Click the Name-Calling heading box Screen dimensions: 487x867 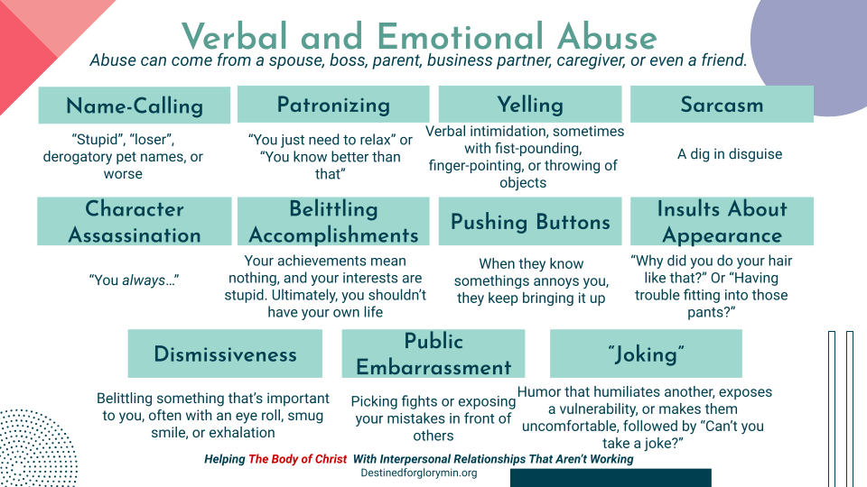pyautogui.click(x=134, y=106)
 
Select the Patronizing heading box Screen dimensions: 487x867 pyautogui.click(x=333, y=105)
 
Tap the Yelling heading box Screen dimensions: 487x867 pyautogui.click(x=529, y=105)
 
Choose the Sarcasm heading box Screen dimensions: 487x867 pyautogui.click(x=722, y=105)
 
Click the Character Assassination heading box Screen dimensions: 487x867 pyautogui.click(x=134, y=222)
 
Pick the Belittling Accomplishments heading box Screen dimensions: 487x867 pyautogui.click(x=333, y=222)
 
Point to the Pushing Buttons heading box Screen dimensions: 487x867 pyautogui.click(x=529, y=222)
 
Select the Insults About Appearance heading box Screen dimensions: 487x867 pyautogui.click(x=722, y=222)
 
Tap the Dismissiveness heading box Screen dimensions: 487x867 pyautogui.click(x=225, y=354)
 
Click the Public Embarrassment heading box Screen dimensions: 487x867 pyautogui.click(x=433, y=354)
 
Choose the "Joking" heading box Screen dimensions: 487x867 pyautogui.click(x=646, y=354)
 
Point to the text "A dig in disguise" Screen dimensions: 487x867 pyautogui.click(x=730, y=154)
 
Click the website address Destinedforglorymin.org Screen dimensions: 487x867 pyautogui.click(x=418, y=473)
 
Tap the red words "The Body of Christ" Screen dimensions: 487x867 pyautogui.click(x=297, y=459)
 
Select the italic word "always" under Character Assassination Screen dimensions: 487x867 pyautogui.click(x=144, y=280)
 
